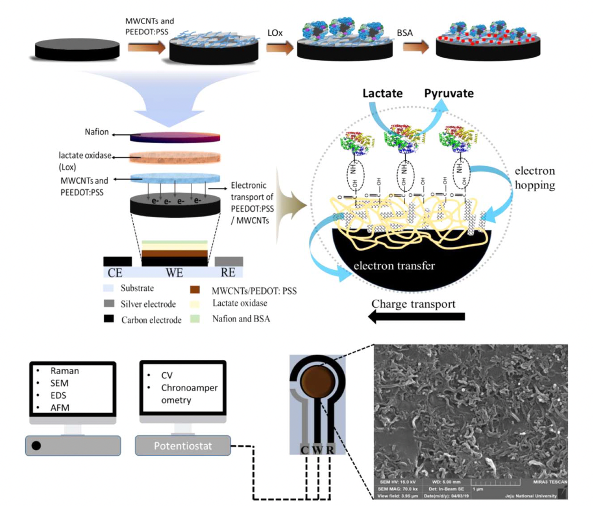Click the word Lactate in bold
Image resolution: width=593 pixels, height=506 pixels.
click(x=382, y=93)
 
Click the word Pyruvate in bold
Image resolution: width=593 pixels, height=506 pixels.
click(x=449, y=93)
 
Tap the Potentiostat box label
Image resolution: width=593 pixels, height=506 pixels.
click(x=183, y=446)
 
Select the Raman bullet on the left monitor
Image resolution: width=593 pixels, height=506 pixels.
click(x=64, y=371)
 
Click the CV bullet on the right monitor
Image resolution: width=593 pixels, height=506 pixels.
click(x=166, y=375)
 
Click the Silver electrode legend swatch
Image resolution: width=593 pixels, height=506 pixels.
click(x=109, y=303)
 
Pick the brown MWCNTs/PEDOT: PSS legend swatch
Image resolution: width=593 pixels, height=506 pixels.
click(x=195, y=289)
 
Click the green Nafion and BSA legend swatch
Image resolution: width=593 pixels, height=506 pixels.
click(x=195, y=318)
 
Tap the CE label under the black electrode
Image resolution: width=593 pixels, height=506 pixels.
click(x=115, y=272)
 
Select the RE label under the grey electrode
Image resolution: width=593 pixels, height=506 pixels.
click(x=228, y=272)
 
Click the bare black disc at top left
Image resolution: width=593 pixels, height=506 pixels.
click(x=77, y=50)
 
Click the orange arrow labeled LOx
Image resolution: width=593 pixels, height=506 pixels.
click(x=279, y=47)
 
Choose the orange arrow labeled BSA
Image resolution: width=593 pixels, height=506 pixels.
click(x=415, y=47)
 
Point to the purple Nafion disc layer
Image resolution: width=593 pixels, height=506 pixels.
click(x=175, y=137)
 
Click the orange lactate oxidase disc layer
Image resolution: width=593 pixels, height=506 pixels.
click(x=175, y=157)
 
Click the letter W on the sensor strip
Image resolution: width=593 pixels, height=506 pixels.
click(x=317, y=450)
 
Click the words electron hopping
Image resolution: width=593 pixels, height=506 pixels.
click(x=534, y=178)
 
